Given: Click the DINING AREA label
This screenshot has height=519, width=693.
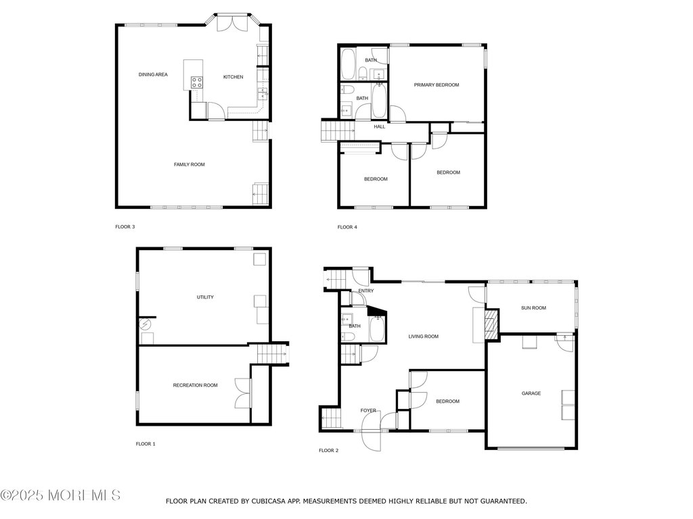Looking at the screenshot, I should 153,74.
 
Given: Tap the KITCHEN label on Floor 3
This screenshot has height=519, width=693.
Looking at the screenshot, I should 233,77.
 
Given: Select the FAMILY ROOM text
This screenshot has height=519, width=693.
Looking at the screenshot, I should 189,164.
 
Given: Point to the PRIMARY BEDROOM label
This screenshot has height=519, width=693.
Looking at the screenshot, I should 437,84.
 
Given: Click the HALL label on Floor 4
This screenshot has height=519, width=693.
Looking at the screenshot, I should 379,126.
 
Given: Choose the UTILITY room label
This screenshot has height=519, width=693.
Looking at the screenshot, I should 205,297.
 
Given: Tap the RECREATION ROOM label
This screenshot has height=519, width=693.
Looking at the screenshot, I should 195,385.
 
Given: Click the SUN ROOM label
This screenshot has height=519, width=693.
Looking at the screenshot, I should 533,308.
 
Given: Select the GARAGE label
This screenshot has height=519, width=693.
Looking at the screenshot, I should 531,393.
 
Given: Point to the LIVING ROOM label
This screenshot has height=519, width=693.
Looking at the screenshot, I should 424,337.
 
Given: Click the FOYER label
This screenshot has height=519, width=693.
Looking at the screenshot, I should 368,410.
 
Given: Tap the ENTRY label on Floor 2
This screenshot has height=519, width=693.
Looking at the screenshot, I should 365,291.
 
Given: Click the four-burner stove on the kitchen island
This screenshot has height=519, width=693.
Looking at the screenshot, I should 198,82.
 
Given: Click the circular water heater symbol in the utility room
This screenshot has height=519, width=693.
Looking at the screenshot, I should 145,325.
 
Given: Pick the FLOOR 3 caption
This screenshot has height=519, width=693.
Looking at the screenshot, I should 125,227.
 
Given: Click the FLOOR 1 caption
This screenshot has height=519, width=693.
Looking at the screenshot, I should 146,444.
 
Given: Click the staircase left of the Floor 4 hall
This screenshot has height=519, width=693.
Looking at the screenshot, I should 337,129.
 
